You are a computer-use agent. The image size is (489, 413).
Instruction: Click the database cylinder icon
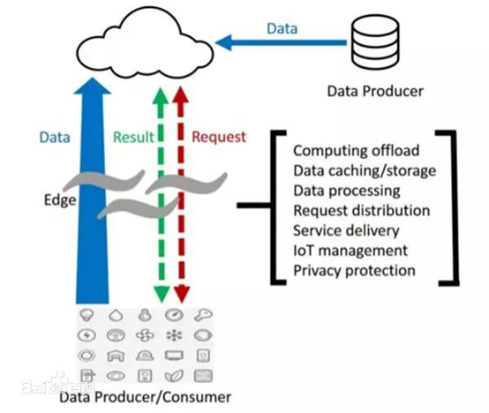[375, 41]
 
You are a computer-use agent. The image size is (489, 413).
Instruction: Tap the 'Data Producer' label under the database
[375, 91]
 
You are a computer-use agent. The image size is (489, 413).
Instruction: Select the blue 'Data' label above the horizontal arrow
[282, 28]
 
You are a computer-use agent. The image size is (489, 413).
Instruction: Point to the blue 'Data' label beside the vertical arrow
[55, 137]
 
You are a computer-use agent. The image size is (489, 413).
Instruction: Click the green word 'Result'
[133, 137]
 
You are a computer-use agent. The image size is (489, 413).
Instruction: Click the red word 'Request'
[219, 137]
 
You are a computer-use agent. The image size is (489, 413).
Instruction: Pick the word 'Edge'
[60, 200]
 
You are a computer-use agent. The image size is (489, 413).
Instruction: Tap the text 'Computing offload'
[356, 151]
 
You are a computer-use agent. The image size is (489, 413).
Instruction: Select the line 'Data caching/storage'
[365, 171]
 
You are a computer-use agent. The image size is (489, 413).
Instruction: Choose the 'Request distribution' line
[361, 210]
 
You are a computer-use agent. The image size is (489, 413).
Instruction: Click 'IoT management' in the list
[350, 251]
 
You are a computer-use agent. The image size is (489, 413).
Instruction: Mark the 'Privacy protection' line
[354, 271]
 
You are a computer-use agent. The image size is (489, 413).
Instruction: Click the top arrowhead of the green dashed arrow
[161, 95]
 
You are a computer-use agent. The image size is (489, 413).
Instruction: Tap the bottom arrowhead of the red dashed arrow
[182, 294]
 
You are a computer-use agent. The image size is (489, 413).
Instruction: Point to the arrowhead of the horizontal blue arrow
[223, 42]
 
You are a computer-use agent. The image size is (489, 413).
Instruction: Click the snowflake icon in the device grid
[174, 335]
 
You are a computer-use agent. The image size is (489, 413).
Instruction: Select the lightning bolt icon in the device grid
[87, 335]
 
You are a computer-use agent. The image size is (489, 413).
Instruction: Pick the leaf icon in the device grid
[174, 376]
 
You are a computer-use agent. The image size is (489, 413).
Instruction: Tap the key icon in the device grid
[203, 315]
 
